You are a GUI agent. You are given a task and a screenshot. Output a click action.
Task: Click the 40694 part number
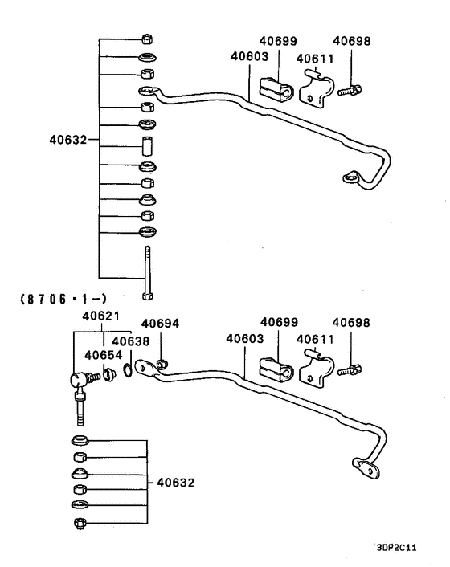pyautogui.click(x=160, y=324)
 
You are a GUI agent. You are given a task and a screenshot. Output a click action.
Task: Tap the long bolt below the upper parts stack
pyautogui.click(x=147, y=274)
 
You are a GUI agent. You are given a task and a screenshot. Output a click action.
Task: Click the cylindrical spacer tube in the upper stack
pyautogui.click(x=147, y=148)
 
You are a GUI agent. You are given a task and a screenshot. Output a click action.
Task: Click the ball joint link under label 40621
pyautogui.click(x=77, y=384)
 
